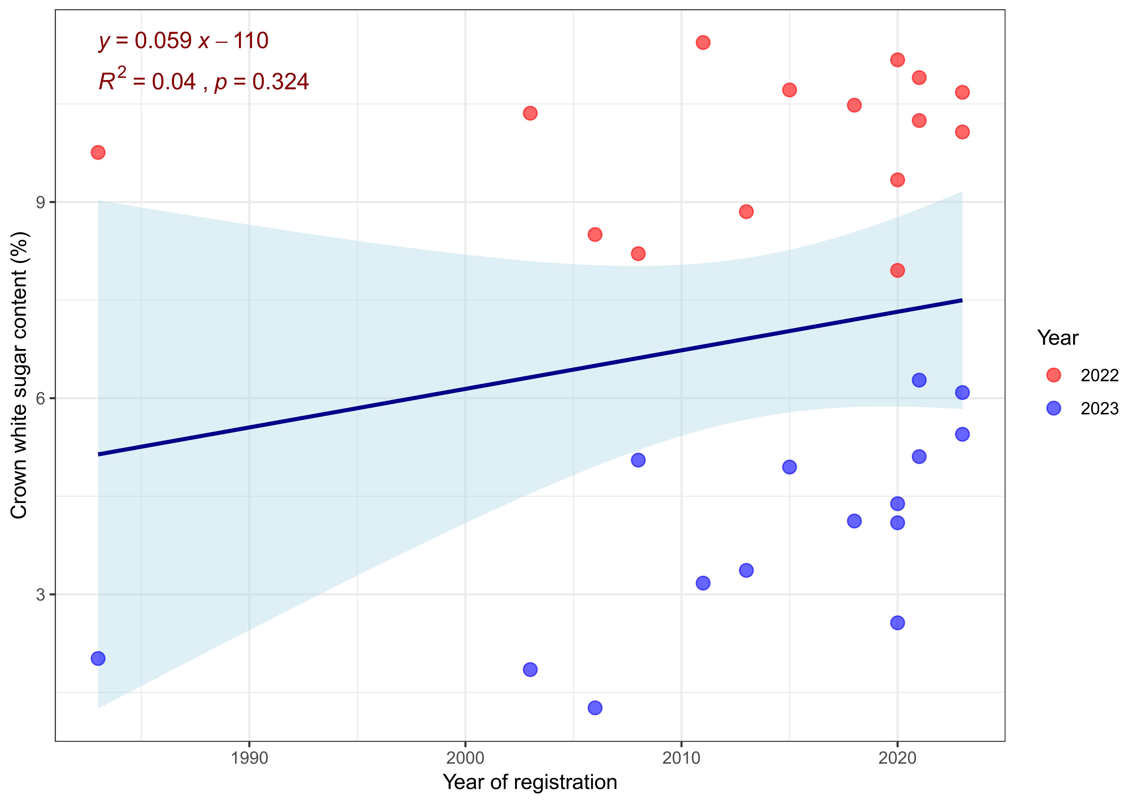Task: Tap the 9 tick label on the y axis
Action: click(40, 202)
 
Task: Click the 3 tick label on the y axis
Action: click(40, 595)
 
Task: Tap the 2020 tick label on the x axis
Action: click(897, 758)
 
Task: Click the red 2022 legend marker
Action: click(1053, 375)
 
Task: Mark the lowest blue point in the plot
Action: click(595, 708)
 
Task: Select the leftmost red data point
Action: click(98, 152)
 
